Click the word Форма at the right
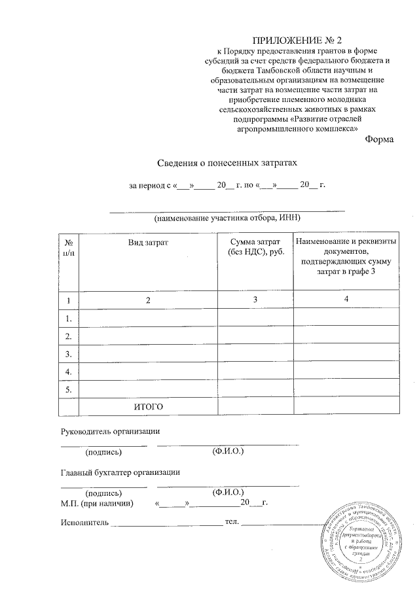pos(380,139)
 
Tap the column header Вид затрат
pos(148,243)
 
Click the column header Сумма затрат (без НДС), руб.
pos(255,247)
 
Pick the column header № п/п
pos(69,247)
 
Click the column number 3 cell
pos(255,300)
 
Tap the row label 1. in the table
pos(68,318)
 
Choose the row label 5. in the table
pos(68,389)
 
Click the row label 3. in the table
pos(68,353)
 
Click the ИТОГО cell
pos(148,406)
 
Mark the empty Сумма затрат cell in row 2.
pos(255,336)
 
